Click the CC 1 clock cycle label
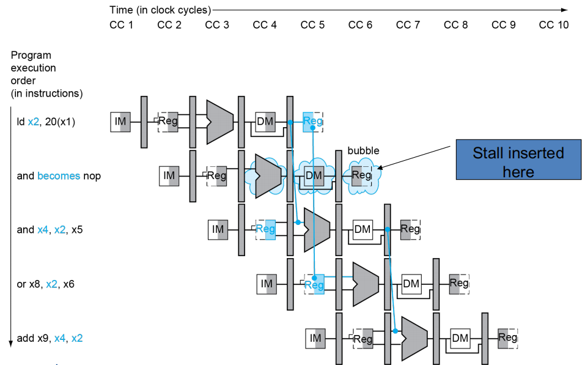[122, 25]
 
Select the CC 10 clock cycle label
[554, 25]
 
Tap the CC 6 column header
[360, 25]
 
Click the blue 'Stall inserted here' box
[518, 160]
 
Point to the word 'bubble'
[363, 151]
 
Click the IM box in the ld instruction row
[120, 122]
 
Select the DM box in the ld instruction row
[265, 122]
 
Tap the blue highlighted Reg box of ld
[313, 122]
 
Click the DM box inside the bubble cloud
[314, 175]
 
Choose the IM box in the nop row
[169, 175]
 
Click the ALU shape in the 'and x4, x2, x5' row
[317, 230]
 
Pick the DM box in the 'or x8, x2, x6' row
[411, 284]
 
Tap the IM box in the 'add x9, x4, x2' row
[315, 338]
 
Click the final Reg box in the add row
[508, 338]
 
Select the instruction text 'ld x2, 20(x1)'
[46, 122]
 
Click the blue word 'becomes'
[59, 175]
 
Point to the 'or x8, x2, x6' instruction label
[46, 284]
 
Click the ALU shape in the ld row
[219, 122]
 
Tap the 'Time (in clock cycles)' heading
[160, 10]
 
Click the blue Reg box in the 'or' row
[314, 284]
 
